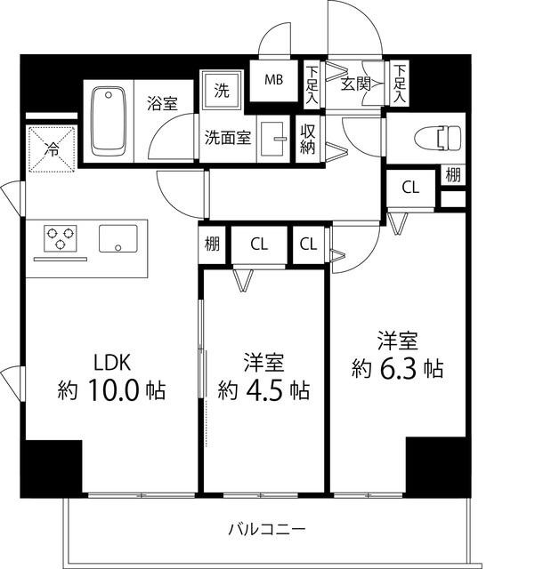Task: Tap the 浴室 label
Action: (162, 103)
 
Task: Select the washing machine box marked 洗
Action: (219, 90)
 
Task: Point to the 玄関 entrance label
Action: (354, 84)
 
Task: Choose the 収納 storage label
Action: (308, 140)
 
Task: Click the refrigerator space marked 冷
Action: (53, 149)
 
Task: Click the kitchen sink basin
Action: (118, 238)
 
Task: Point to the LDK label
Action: (113, 362)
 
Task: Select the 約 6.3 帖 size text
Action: (397, 367)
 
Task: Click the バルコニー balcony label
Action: (266, 529)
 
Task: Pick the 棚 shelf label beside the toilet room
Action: (453, 174)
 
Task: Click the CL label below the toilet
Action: (409, 188)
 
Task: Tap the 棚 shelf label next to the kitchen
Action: (212, 244)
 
